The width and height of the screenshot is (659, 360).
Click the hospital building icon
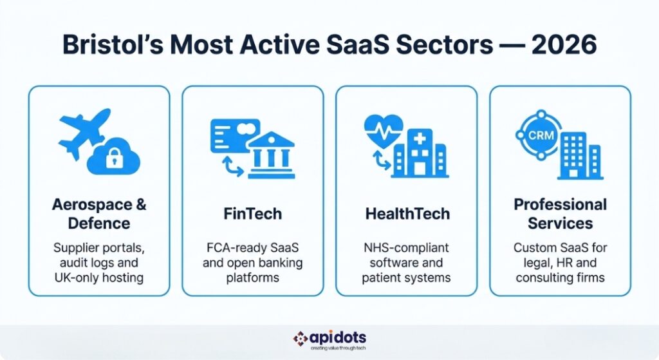pos(420,153)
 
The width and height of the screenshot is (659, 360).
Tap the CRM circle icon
pos(535,136)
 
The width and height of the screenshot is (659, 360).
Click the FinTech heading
pos(253,214)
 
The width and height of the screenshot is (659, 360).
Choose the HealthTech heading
pos(406,214)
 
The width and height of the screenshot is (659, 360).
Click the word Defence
pos(99,223)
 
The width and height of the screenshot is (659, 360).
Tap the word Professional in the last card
pos(560,205)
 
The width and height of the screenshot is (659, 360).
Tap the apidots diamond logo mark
pos(301,338)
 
